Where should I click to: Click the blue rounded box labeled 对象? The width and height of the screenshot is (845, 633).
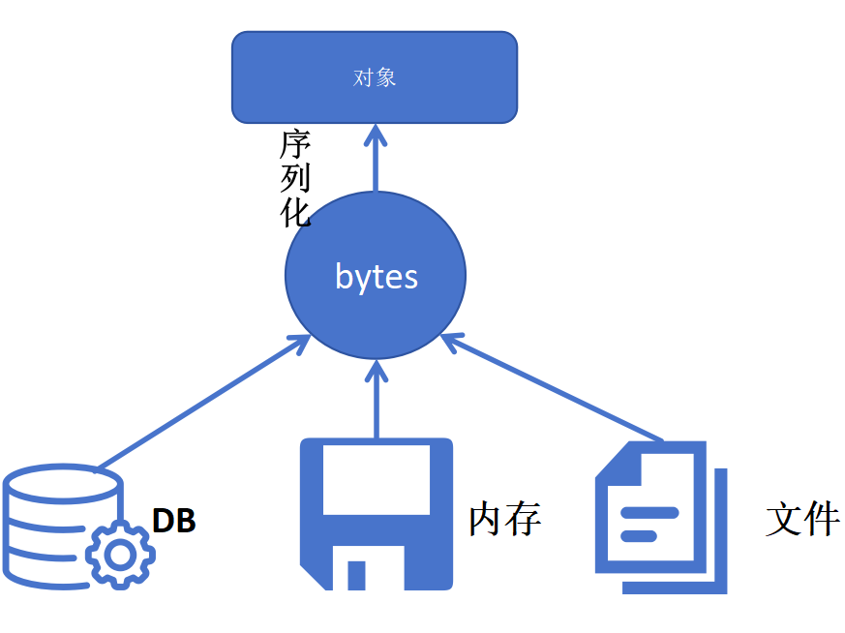click(x=375, y=77)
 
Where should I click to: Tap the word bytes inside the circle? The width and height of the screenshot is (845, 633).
click(x=377, y=277)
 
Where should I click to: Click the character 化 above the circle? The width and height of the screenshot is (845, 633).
click(x=295, y=211)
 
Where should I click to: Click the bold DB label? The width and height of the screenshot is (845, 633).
click(x=174, y=521)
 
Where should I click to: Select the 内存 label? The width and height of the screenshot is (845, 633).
click(x=504, y=520)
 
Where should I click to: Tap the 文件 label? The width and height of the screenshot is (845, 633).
click(x=802, y=520)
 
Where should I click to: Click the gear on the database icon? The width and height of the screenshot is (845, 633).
click(x=120, y=553)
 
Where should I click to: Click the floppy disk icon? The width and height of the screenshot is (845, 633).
click(x=377, y=514)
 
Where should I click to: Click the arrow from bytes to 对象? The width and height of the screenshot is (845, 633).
click(x=376, y=165)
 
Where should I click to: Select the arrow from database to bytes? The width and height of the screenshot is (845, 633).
click(x=203, y=402)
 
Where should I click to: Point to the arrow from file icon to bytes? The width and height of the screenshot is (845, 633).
click(x=552, y=388)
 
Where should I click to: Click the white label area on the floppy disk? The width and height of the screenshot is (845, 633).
click(x=377, y=480)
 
